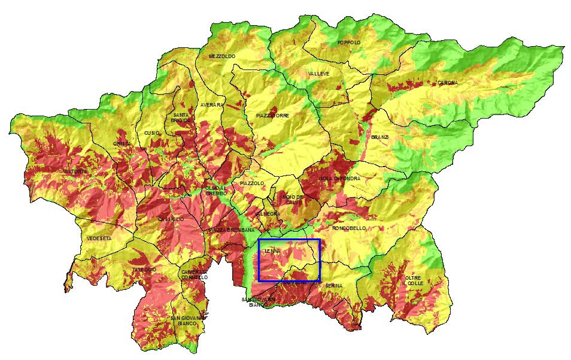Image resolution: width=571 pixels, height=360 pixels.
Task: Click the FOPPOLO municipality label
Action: coord(349,43)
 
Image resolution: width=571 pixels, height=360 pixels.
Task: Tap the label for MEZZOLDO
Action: coord(222,56)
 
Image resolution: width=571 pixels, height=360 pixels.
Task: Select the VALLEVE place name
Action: coord(318,74)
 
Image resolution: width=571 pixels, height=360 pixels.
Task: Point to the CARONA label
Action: coord(447,83)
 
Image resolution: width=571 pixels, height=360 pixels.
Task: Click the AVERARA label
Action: coord(212,105)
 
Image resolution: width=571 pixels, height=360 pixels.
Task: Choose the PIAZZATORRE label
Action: coord(272,115)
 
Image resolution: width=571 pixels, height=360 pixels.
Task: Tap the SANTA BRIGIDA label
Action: coord(181,117)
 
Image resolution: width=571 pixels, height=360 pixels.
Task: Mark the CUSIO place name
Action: coord(151,133)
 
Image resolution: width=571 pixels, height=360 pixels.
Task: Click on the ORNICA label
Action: coord(122,144)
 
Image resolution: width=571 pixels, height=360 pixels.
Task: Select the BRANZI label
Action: coord(379,137)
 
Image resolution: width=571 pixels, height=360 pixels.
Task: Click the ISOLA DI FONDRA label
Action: coord(339,179)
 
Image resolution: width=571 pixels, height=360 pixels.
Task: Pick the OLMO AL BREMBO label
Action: coord(216,190)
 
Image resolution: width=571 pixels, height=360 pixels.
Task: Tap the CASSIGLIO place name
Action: coord(171,219)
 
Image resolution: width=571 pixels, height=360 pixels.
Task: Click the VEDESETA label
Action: coord(99,238)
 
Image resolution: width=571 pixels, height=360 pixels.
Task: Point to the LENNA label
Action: coord(272,252)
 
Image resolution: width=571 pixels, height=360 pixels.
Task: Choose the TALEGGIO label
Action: coord(144,270)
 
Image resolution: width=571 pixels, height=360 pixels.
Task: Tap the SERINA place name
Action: coord(334,286)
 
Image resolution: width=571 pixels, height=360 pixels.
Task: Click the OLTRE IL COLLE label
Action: coord(414,280)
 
